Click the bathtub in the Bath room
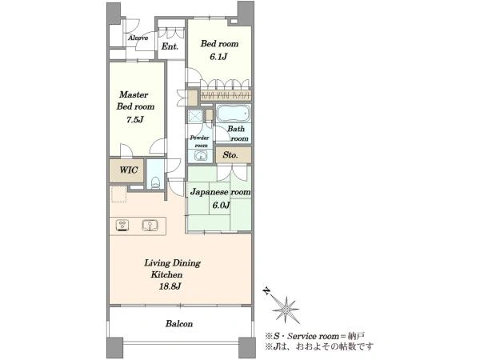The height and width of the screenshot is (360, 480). [x=234, y=114]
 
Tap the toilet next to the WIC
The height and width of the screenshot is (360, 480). [x=155, y=182]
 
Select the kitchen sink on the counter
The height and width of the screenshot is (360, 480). [x=150, y=226]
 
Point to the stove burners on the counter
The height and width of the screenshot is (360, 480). [x=122, y=226]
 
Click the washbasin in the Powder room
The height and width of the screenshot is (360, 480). [x=201, y=157]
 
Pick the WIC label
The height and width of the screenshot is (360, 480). [x=128, y=170]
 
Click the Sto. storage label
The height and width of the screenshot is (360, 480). [x=230, y=155]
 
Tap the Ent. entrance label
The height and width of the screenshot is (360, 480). [x=170, y=46]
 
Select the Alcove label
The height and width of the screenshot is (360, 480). [x=138, y=38]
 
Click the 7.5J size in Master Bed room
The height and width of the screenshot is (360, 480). [x=135, y=119]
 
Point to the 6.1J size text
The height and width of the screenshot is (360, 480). [x=219, y=57]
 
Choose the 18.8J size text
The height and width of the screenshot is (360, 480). [x=170, y=286]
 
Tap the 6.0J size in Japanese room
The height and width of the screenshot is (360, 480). [x=221, y=205]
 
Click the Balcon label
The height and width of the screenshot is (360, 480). [x=179, y=323]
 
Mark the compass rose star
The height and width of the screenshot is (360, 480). [x=286, y=310]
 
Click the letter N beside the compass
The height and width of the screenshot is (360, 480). [x=267, y=290]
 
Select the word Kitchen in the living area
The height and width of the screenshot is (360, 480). [x=166, y=274]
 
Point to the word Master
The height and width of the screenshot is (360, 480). [x=134, y=94]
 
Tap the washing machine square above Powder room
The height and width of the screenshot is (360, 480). [x=195, y=116]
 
